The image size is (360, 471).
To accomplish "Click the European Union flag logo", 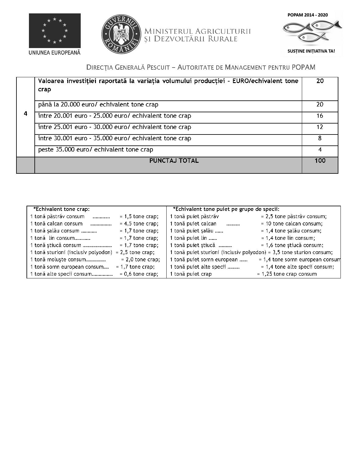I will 55,30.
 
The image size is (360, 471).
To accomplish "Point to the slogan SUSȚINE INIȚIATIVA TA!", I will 311,51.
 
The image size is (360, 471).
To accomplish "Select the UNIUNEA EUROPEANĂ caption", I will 55,52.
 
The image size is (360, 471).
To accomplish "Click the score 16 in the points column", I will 320,116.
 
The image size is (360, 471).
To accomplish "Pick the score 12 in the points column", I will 320,127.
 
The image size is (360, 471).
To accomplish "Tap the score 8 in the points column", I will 320,138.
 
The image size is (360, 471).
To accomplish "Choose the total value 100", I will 320,161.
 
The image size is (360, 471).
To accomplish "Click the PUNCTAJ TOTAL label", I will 174,161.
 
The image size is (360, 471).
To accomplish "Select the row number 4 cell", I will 26,114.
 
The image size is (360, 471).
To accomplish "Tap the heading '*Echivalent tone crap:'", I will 61,209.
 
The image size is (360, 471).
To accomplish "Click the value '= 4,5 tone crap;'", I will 139,224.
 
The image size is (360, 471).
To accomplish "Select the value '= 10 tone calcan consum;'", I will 291,224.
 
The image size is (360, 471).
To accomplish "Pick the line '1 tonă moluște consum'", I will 68,260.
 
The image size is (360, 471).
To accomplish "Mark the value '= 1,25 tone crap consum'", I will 287,274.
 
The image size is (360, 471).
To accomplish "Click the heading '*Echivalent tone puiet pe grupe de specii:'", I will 226,209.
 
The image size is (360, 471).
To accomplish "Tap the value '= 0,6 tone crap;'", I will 139,274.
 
